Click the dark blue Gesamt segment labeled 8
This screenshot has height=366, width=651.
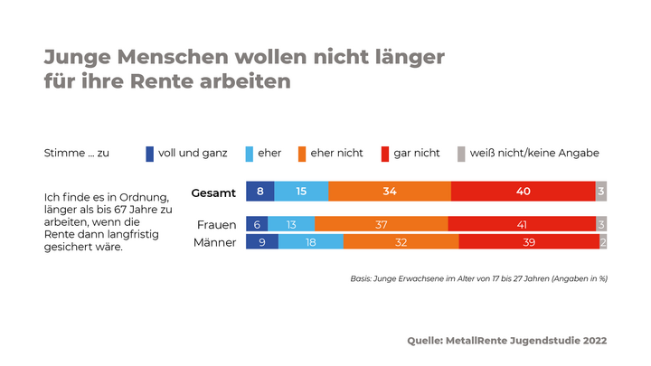point(259,192)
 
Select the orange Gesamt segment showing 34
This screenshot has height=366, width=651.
point(390,192)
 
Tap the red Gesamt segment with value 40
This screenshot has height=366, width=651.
point(524,192)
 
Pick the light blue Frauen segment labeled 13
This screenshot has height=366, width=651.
point(291,224)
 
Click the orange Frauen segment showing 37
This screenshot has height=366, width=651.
point(381,224)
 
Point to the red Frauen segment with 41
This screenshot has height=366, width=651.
point(522,224)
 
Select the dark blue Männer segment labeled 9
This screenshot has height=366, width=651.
point(262,241)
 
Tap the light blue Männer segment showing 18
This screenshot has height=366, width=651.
point(311,241)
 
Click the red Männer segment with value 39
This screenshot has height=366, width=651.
point(529,241)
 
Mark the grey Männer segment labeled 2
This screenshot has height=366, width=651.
point(603,241)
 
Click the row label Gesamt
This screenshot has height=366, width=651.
point(214,192)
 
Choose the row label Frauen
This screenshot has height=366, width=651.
point(216,224)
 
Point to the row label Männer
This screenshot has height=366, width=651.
point(216,241)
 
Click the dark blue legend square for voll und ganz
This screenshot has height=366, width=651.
point(150,154)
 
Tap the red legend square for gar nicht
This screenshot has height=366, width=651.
point(385,154)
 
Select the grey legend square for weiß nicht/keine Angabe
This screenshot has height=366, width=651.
point(462,154)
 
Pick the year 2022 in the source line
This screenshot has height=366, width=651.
point(591,341)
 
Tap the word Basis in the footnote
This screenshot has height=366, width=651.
point(362,278)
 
